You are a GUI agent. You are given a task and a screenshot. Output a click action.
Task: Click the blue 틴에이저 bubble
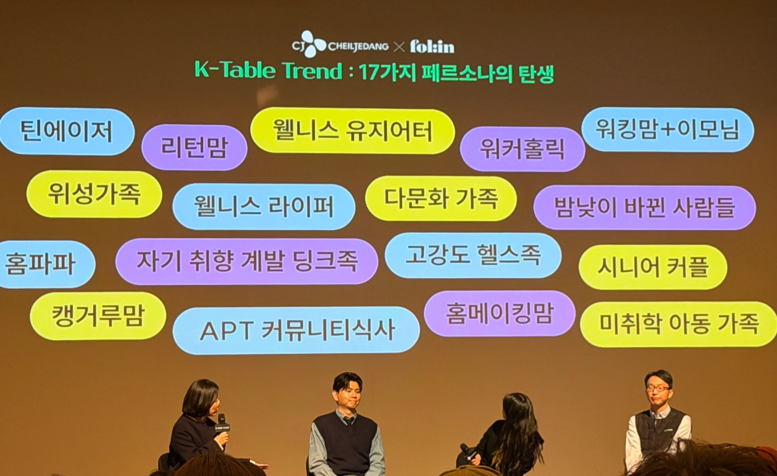pyautogui.click(x=67, y=132)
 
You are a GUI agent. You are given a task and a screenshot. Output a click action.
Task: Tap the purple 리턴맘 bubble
pyautogui.click(x=194, y=147)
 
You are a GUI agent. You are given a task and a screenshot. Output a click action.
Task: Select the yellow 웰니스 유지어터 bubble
pyautogui.click(x=352, y=131)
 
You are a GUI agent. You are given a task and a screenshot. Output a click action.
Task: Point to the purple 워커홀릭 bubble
pyautogui.click(x=522, y=149)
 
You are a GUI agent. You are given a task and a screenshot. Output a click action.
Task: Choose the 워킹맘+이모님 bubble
pyautogui.click(x=667, y=130)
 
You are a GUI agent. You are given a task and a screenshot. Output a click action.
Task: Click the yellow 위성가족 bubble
pyautogui.click(x=94, y=194)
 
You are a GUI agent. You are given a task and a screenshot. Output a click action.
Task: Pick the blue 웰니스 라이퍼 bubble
pyautogui.click(x=264, y=206)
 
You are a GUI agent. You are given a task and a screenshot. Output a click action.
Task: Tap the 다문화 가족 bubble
pyautogui.click(x=440, y=198)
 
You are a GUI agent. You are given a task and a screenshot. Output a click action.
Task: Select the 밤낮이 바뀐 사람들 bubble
pyautogui.click(x=644, y=207)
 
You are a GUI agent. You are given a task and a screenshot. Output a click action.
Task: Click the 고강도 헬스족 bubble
pyautogui.click(x=473, y=255)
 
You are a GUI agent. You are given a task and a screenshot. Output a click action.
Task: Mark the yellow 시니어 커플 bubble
pyautogui.click(x=653, y=267)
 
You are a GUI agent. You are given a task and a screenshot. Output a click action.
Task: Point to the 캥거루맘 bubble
pyautogui.click(x=98, y=316)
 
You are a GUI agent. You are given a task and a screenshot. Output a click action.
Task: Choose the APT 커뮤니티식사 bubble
pyautogui.click(x=296, y=330)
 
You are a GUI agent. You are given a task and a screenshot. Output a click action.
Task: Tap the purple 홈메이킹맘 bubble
pyautogui.click(x=499, y=313)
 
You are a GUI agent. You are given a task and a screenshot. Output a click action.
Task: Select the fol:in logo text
pyautogui.click(x=432, y=47)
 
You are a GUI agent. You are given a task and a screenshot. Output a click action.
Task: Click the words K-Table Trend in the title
pyautogui.click(x=268, y=71)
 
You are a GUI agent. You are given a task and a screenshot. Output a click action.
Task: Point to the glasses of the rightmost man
pyautogui.click(x=658, y=388)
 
